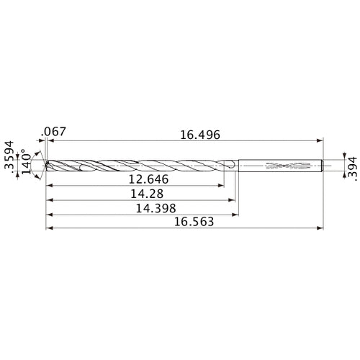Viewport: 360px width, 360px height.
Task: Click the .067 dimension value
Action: (x=54, y=132)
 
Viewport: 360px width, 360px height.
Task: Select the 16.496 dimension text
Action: (x=199, y=135)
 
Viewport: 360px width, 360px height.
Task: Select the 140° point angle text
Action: (x=25, y=162)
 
